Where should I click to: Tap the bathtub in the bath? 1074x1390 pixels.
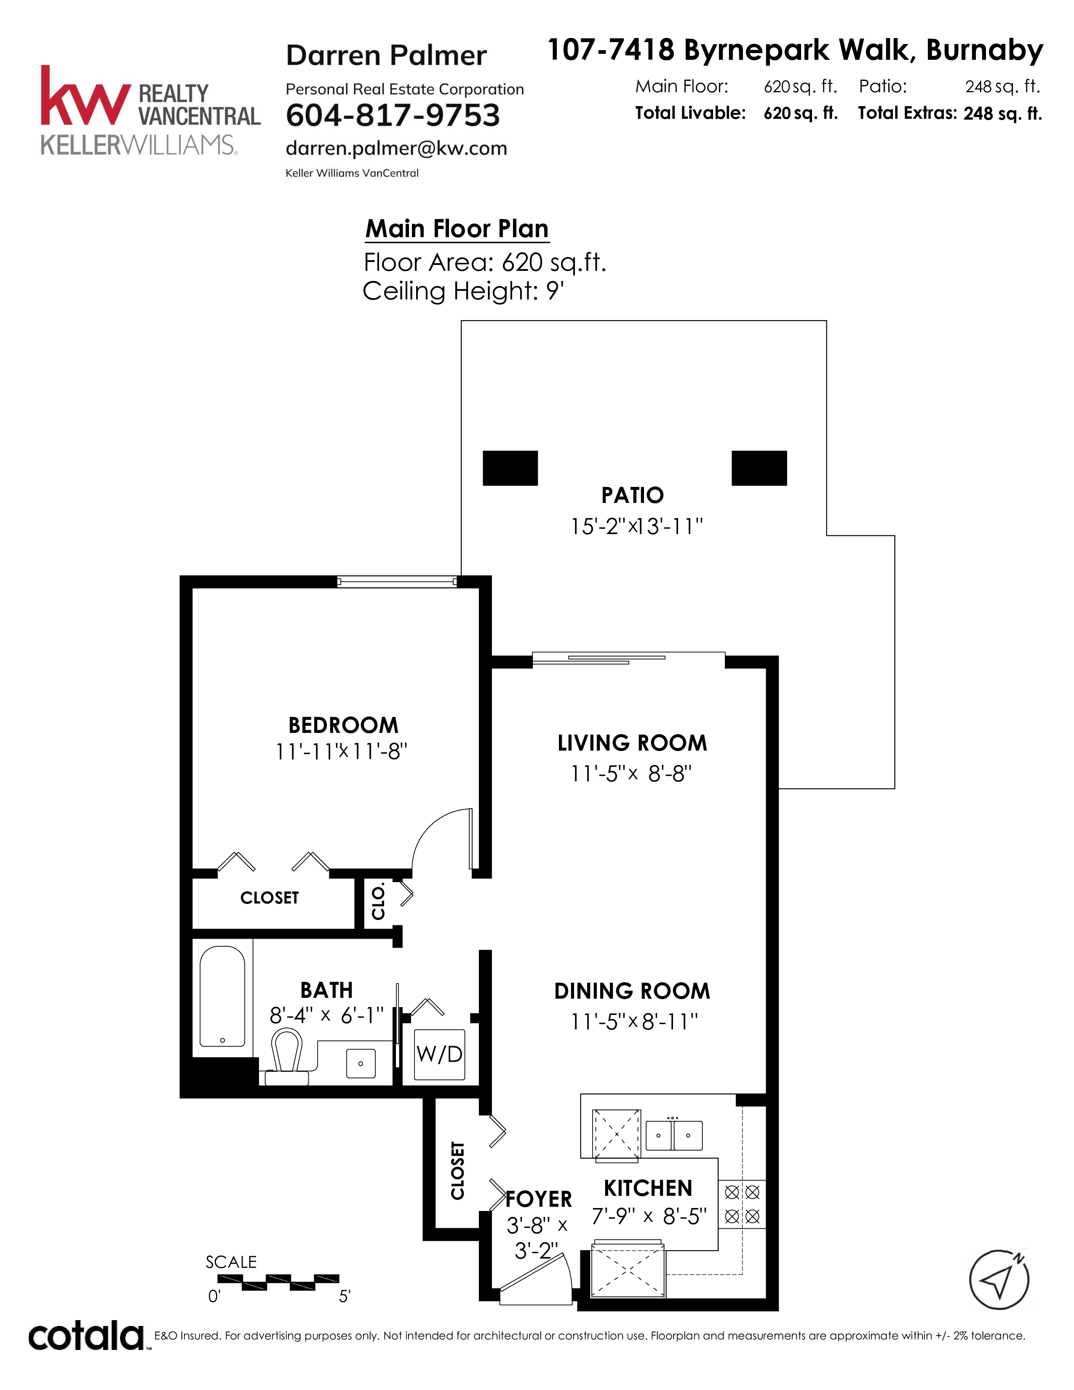(x=222, y=997)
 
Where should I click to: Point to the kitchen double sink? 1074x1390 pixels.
(x=674, y=1135)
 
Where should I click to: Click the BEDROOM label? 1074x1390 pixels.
(x=344, y=725)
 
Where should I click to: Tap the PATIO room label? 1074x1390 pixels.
(x=633, y=495)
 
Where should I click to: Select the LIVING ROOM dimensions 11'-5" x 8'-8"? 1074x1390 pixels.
(x=631, y=773)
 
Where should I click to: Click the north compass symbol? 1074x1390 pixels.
(x=999, y=1280)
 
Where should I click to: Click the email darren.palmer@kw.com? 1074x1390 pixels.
(x=396, y=148)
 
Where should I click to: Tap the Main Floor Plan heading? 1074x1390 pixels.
(x=457, y=228)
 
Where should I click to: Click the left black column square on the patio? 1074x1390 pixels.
(x=510, y=468)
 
